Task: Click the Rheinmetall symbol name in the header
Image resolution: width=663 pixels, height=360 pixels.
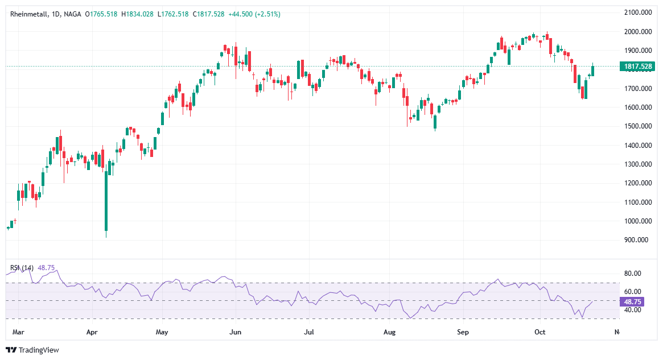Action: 27,14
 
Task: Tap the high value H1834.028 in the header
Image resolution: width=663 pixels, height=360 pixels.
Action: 135,14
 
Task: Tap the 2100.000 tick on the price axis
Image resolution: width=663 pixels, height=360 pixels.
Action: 637,13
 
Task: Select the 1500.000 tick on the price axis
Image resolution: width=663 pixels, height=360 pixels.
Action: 637,126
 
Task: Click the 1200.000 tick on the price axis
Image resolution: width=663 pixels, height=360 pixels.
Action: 637,183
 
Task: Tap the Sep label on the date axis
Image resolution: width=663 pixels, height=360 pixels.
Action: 463,331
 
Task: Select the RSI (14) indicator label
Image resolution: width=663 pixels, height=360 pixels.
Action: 21,267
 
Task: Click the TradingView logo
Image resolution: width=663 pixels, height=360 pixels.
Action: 32,350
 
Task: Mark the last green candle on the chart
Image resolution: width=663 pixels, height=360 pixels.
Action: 593,71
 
